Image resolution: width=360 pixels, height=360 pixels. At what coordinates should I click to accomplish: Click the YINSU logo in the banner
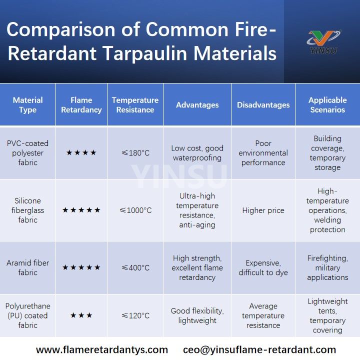pos(323,41)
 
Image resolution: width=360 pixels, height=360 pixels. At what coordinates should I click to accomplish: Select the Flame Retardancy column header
pos(81,105)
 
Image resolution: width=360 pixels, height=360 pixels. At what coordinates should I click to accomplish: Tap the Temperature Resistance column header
pos(135,105)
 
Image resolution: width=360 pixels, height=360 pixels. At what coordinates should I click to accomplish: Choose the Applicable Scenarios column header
pos(327,105)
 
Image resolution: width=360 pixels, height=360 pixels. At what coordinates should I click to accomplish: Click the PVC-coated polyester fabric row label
pos(28,153)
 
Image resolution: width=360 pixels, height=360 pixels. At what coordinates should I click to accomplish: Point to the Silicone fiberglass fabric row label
pos(28,210)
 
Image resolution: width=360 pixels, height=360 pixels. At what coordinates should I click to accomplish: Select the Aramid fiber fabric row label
pos(28,268)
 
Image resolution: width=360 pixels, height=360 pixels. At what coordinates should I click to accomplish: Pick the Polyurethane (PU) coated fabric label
pos(28,315)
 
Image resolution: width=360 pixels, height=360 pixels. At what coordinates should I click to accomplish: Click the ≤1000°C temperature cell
pos(135,210)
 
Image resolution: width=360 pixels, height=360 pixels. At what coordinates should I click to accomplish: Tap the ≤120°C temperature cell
pos(135,315)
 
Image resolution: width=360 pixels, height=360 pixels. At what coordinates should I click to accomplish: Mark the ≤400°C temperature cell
pos(135,268)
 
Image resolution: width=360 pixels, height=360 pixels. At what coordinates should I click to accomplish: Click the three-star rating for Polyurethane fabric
pos(81,315)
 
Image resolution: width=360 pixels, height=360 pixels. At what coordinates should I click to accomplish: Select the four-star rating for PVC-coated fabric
pos(81,153)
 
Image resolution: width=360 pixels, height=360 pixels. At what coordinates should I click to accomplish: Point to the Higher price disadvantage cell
pos(263,210)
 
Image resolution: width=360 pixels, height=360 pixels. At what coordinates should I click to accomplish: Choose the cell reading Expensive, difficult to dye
pos(263,268)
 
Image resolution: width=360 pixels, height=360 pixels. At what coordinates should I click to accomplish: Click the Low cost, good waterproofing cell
pos(197,153)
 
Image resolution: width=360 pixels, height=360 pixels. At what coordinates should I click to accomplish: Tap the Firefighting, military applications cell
pos(327,268)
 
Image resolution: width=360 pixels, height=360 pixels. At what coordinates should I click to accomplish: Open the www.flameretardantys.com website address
pos(102,349)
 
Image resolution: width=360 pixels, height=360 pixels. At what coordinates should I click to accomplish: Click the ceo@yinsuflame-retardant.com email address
pos(259,349)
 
